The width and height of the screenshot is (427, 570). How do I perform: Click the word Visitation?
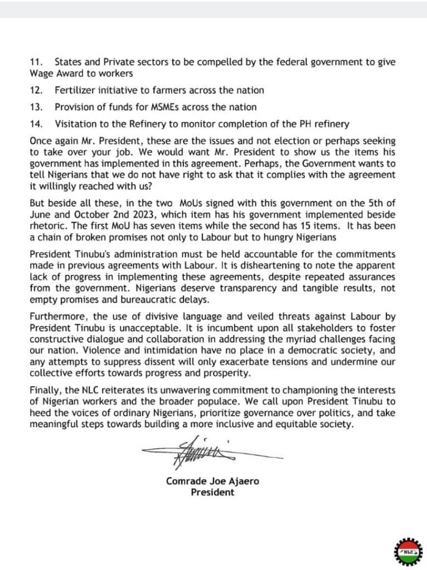pos(75,124)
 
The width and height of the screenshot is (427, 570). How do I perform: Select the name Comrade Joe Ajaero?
pos(212,481)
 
